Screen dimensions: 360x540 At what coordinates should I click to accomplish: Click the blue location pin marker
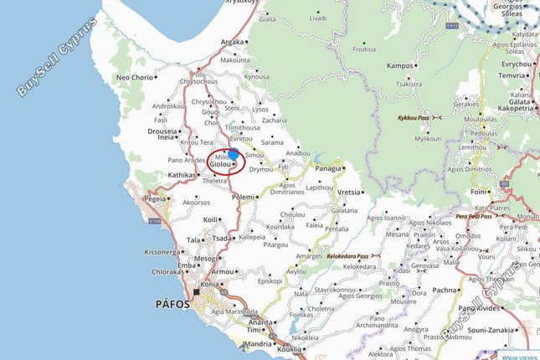pos(234,154)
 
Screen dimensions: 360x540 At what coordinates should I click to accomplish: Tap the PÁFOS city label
pos(173,303)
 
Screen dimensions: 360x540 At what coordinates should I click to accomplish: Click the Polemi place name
pos(242,196)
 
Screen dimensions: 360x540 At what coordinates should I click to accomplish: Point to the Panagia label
pos(329,168)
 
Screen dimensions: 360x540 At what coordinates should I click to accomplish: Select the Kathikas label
pos(182,175)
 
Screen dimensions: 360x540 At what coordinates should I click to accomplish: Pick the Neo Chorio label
pos(136,77)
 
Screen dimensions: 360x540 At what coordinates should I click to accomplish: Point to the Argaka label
pos(232,42)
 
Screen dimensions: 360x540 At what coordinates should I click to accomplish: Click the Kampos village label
pos(400,64)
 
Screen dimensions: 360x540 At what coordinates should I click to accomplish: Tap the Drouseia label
pos(162,131)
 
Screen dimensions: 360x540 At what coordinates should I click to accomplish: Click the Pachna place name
pos(445,290)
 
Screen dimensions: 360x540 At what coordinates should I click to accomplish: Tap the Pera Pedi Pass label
pos(473,216)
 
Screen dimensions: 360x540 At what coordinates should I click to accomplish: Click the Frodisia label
pos(364,49)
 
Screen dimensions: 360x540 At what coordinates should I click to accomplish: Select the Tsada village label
pos(221,238)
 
